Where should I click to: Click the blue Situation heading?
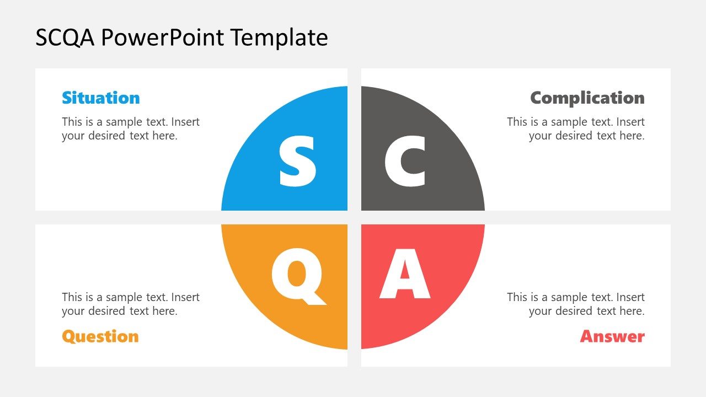[100, 98]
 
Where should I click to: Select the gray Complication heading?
[587, 98]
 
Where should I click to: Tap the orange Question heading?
[100, 336]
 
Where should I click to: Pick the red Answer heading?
[612, 336]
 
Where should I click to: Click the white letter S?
[297, 161]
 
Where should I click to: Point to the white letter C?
[405, 161]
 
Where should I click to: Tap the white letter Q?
[296, 274]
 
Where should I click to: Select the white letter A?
[405, 274]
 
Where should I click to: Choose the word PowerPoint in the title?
[163, 37]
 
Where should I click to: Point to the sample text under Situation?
[130, 128]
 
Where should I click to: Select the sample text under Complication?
[576, 128]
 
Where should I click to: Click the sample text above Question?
[130, 304]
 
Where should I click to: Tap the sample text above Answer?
[576, 304]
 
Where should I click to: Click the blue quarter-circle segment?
[254, 165]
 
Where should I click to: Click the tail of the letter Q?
[317, 299]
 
